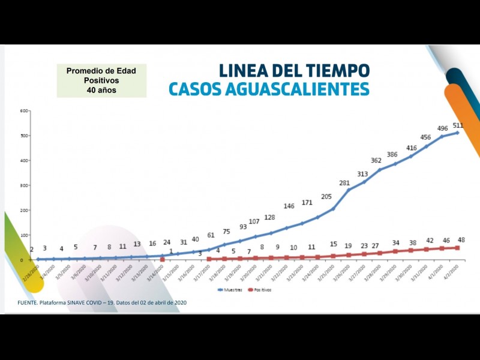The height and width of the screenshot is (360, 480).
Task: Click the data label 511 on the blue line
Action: pyautogui.click(x=458, y=125)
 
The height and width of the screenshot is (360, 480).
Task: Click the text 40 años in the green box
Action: pyautogui.click(x=101, y=90)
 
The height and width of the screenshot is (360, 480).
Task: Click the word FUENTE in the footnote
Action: pyautogui.click(x=30, y=302)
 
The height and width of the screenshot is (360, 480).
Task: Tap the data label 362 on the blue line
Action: pyautogui.click(x=376, y=160)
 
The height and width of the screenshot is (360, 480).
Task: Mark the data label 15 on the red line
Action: pyautogui.click(x=333, y=244)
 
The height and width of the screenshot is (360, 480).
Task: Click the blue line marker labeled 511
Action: pyautogui.click(x=457, y=133)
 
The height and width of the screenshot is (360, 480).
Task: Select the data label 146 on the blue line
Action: pyautogui.click(x=289, y=206)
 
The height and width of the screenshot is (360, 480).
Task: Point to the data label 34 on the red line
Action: pyautogui.click(x=396, y=242)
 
